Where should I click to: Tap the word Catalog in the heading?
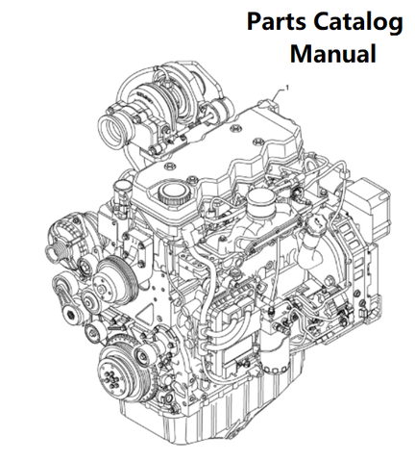(x=358, y=23)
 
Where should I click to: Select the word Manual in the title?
(x=333, y=54)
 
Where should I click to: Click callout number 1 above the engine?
(x=287, y=88)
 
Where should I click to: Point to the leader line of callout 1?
(x=277, y=95)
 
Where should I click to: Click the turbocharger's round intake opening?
(x=111, y=132)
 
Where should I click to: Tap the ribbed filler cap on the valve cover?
(x=172, y=192)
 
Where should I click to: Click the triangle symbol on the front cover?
(x=149, y=315)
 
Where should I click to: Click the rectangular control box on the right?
(x=368, y=204)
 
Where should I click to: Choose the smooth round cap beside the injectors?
(x=260, y=201)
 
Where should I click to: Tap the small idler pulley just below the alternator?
(x=85, y=265)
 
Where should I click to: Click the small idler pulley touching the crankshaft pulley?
(x=141, y=355)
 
